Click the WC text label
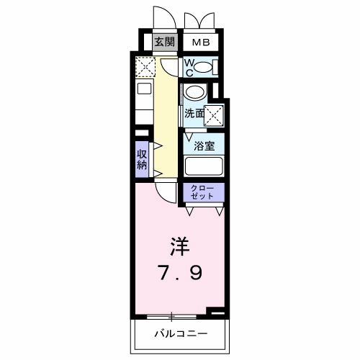189,68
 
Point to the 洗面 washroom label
193,114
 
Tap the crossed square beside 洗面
214,113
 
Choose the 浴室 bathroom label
204,145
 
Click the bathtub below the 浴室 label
204,166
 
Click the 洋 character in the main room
179,247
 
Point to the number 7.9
180,273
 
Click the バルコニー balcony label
180,335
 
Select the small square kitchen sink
143,90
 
